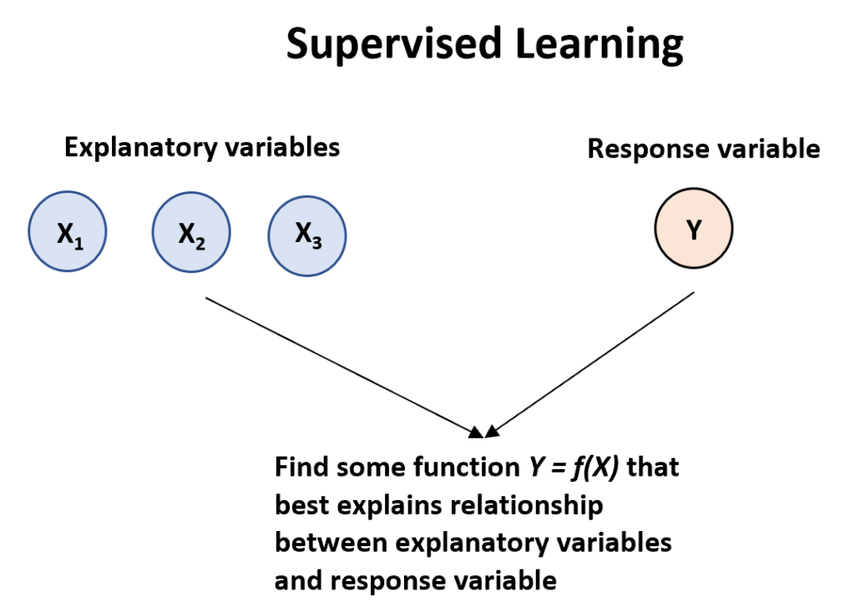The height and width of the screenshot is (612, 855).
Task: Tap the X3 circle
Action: pos(306,235)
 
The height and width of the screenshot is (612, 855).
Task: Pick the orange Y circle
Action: pos(693,229)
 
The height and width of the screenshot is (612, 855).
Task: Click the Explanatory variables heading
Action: pos(202,148)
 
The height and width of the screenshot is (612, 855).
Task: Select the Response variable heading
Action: pos(704,149)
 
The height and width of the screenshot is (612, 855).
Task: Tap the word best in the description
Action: pos(300,505)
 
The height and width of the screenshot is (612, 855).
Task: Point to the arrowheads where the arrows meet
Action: pos(483,432)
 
